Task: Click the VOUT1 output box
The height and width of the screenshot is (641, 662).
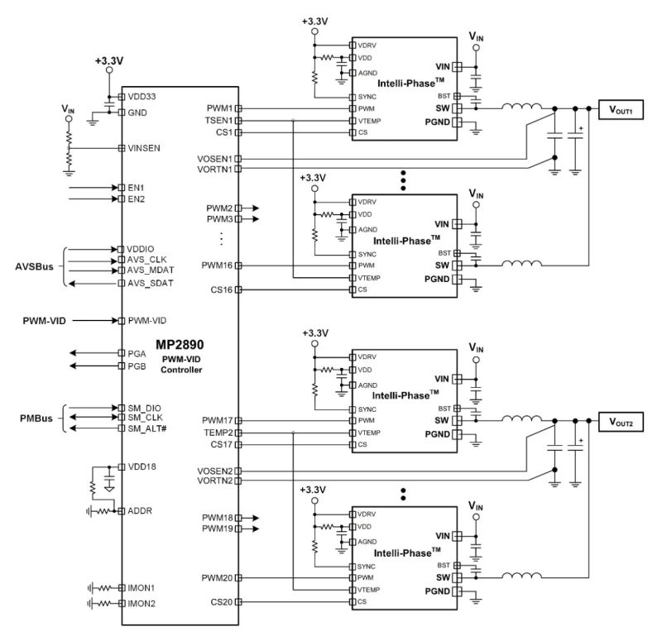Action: coord(621,110)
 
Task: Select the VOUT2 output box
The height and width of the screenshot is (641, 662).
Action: coord(621,422)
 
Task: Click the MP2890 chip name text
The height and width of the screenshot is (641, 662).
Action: coord(180,345)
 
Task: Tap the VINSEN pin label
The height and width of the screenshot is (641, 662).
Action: coord(144,148)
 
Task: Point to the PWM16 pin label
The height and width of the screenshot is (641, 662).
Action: coord(217,265)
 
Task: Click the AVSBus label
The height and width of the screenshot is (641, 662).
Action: coord(34,266)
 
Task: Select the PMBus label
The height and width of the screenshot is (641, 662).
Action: coord(36,419)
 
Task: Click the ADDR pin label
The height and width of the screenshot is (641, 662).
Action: coord(140,511)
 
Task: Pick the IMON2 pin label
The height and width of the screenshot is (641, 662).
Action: coord(142,604)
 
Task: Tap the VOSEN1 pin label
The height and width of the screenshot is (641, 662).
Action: coord(215,159)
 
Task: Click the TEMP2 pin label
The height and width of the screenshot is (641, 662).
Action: coord(218,433)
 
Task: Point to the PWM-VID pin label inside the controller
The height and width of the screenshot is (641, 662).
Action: coord(147,321)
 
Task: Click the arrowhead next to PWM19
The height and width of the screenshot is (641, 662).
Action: coord(256,529)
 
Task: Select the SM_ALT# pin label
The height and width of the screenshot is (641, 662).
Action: coord(147,428)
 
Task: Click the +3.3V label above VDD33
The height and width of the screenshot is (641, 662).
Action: coord(109,61)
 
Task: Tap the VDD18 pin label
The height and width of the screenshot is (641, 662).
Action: coord(142,466)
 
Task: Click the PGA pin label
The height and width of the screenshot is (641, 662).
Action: coord(137,354)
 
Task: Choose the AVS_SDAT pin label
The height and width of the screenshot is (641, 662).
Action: coord(151,283)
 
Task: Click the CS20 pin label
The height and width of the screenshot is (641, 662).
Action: coord(222,602)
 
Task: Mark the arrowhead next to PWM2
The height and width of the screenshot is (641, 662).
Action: coord(256,208)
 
